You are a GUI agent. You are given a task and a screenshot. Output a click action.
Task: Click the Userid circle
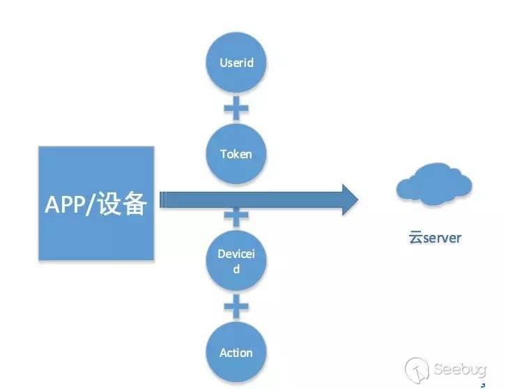click(236, 62)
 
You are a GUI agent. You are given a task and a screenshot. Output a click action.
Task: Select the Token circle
click(236, 154)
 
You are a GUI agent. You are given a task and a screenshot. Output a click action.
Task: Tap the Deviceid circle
click(236, 260)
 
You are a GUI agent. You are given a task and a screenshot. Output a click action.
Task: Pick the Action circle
click(236, 352)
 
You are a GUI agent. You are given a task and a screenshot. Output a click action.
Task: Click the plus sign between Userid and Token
click(236, 108)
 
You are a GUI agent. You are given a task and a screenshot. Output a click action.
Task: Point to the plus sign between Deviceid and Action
click(236, 306)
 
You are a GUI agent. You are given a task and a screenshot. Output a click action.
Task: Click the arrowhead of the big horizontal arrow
click(350, 200)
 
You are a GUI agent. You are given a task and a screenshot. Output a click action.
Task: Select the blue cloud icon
click(434, 184)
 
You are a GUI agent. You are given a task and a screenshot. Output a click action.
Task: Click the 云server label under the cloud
click(435, 238)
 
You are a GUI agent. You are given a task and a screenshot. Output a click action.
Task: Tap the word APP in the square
click(65, 204)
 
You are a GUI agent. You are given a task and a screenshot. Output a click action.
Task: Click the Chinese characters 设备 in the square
click(122, 204)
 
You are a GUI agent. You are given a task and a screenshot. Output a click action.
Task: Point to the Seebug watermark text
click(459, 369)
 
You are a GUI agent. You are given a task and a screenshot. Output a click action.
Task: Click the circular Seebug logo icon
click(417, 369)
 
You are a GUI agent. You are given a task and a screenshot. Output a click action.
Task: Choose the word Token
click(236, 154)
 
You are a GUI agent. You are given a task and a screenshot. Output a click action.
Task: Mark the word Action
click(236, 353)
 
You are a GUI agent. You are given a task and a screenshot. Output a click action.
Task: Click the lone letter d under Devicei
click(236, 268)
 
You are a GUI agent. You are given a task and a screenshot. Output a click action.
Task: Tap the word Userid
click(236, 62)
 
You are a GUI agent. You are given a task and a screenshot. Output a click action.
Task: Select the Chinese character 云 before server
click(415, 238)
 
